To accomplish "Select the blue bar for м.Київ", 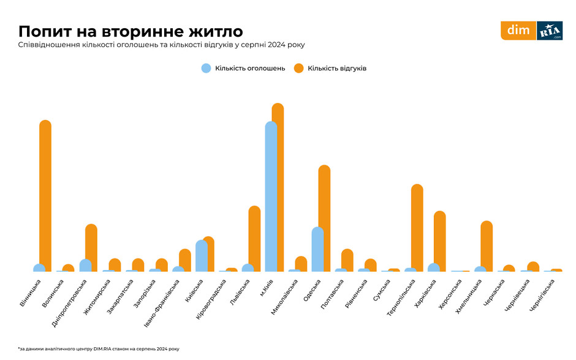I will click(271, 196).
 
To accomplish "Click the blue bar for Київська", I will click(202, 256).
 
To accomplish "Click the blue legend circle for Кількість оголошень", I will click(207, 69).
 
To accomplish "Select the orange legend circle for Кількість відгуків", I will click(299, 69).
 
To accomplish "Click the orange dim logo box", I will click(518, 31).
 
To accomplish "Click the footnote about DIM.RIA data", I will click(98, 348).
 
